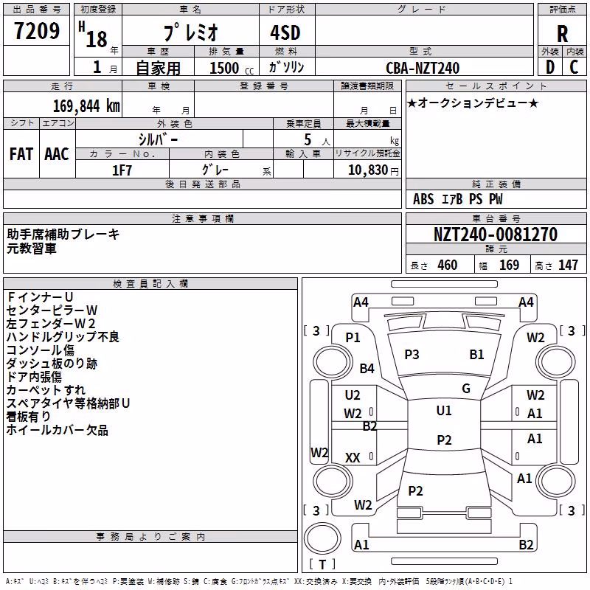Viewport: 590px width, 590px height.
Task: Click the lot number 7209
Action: pos(37,31)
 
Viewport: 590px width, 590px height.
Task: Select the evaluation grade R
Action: pos(562,34)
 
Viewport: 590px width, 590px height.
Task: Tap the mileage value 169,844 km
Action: pos(86,105)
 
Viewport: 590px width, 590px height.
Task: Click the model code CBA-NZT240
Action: pos(423,68)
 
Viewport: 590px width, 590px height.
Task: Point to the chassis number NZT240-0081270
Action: pos(496,234)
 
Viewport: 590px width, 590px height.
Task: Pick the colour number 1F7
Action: pos(122,170)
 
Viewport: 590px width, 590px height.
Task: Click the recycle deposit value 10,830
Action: pos(367,170)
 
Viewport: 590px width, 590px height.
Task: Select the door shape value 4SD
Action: pos(285,32)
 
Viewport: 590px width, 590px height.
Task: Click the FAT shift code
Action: pos(21,154)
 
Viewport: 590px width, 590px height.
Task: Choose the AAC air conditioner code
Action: pos(57,154)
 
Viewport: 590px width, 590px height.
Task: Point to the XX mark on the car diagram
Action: pos(353,457)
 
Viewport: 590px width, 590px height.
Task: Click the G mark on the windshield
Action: pos(466,389)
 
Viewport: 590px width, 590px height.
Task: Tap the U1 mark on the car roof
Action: pos(444,411)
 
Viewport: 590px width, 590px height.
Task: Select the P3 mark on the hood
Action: pos(412,355)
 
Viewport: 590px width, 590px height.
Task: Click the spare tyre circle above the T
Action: pos(322,538)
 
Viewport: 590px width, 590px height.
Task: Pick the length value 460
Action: pos(448,265)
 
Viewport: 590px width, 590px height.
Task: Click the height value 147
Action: pos(568,265)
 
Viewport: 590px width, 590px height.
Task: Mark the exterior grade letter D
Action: pos(550,67)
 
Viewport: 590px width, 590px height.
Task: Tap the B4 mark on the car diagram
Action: pos(367,368)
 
